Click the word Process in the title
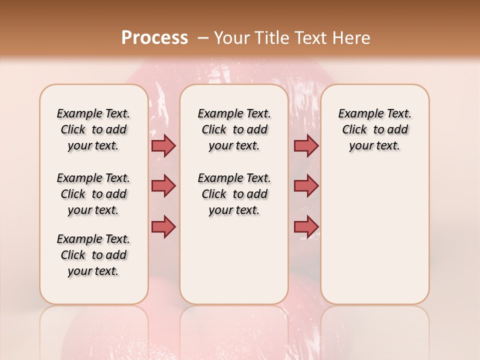tap(154, 38)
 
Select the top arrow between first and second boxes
tap(163, 145)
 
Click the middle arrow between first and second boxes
tap(163, 186)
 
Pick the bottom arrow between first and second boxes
tap(163, 227)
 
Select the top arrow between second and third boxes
tap(306, 145)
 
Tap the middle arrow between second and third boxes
tap(306, 186)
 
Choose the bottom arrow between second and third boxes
tap(306, 227)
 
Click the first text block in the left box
tap(93, 129)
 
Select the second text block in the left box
tap(93, 194)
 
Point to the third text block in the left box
tap(93, 255)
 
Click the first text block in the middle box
tap(234, 129)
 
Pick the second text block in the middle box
tap(234, 194)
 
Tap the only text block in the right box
tap(374, 129)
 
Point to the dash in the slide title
tap(203, 38)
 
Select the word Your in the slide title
tap(231, 38)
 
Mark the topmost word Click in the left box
tap(73, 130)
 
